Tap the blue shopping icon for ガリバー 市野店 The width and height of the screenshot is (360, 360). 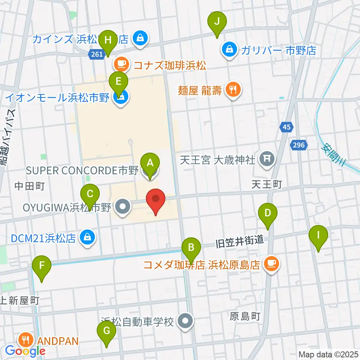pos(229,49)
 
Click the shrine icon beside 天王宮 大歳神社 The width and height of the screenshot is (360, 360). pos(267,159)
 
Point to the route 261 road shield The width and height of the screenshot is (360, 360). pos(96,55)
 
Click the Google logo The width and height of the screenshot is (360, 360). pos(25,351)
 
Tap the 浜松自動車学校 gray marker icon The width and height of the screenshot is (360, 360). pos(185,321)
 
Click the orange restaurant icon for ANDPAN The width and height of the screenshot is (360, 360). pos(26,340)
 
